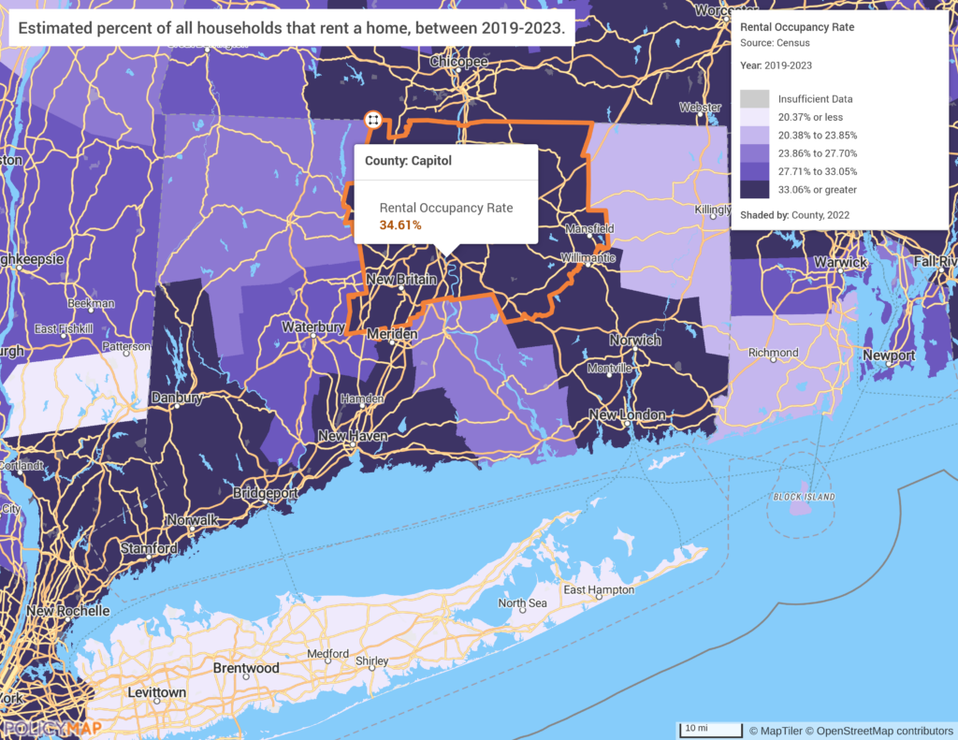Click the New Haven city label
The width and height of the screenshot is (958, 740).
(x=354, y=436)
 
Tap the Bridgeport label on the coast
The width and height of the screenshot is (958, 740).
(x=265, y=492)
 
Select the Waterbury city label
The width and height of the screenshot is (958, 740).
(x=313, y=327)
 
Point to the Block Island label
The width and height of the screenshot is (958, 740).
(x=804, y=496)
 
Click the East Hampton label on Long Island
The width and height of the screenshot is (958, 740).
(x=599, y=590)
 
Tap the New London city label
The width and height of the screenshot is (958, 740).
(x=627, y=414)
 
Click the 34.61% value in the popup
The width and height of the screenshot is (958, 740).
(x=400, y=225)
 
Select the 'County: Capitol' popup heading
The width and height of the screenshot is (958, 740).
(x=408, y=161)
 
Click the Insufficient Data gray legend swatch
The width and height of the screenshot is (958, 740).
(x=754, y=98)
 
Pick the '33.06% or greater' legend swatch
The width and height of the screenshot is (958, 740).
(x=754, y=189)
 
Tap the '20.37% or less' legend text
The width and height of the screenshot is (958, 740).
(x=810, y=117)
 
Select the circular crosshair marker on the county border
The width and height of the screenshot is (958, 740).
(x=372, y=120)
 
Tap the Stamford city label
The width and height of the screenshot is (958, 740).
(x=149, y=548)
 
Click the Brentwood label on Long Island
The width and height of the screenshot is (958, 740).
(x=246, y=668)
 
